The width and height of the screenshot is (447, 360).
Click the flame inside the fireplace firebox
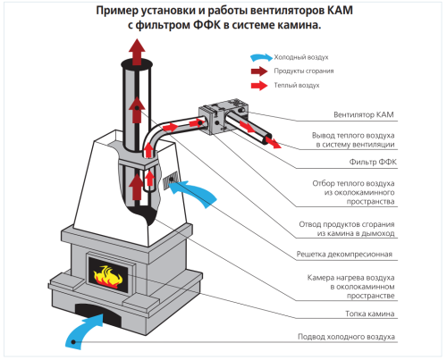point(108,277)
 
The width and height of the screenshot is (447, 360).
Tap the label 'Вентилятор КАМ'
point(364,114)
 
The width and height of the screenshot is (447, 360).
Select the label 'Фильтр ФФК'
point(373,162)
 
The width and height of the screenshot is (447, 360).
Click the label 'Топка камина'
point(370,314)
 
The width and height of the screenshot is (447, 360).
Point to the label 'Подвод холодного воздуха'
point(346,337)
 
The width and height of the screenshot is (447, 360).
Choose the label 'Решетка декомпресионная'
point(344,255)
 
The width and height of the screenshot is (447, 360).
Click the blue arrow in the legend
point(261,57)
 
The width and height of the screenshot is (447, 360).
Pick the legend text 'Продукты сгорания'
point(304,71)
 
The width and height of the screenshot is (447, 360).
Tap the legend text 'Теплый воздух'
point(297,86)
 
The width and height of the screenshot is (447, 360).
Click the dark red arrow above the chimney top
point(137,51)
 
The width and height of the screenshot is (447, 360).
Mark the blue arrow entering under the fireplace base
point(84,331)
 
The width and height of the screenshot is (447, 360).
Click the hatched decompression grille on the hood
point(171,180)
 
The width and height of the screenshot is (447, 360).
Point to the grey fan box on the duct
point(223,117)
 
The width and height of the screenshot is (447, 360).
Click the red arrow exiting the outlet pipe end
point(273,141)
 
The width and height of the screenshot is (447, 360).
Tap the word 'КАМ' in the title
point(340,11)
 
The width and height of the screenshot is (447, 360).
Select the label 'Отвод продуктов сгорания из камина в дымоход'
point(347,229)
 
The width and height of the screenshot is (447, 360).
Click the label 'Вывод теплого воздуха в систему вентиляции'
point(353,140)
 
